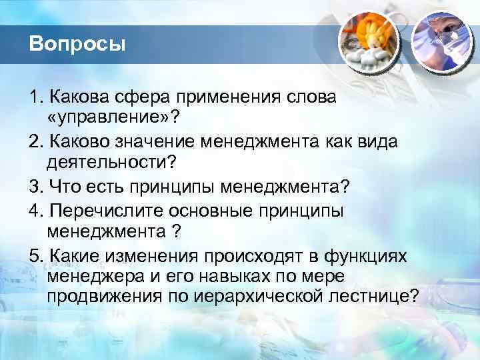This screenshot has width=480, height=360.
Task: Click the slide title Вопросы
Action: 77,45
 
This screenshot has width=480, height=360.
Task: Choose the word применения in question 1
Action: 221,97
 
